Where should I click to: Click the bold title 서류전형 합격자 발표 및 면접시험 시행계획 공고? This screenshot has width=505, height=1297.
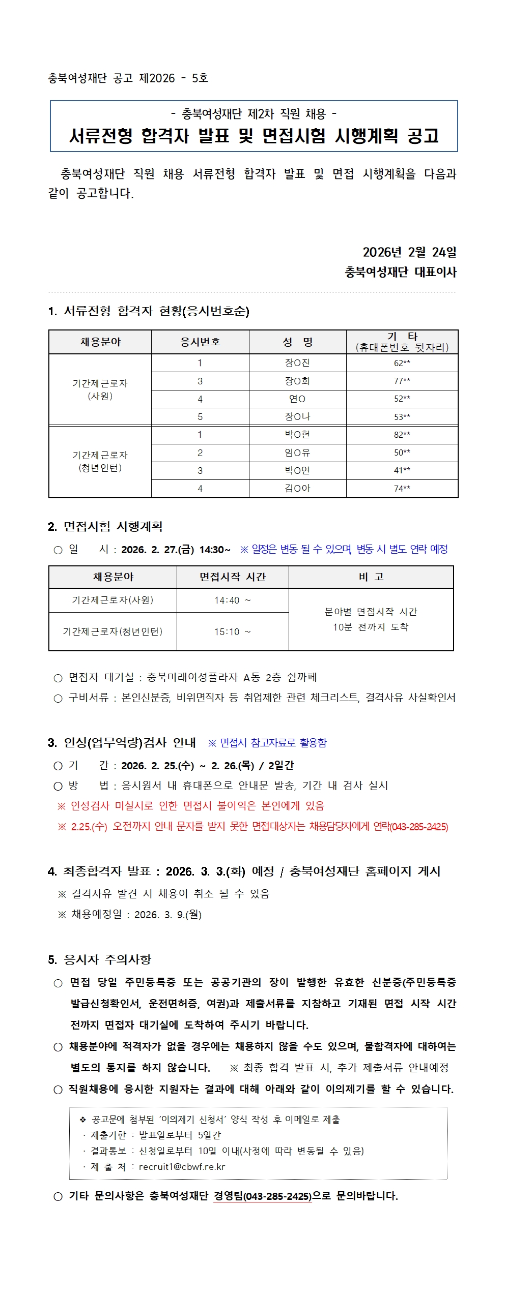pos(254,136)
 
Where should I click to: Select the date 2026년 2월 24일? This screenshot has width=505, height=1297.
pos(409,252)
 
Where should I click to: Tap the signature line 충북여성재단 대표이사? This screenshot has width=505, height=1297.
pos(401,272)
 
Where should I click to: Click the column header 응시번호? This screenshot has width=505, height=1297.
pos(200,342)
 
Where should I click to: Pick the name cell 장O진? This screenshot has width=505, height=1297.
pos(297,363)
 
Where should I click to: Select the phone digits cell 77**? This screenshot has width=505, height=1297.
pos(402,381)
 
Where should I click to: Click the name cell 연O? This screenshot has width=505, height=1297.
pos(297,399)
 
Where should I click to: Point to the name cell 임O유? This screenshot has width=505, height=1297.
pos(297,453)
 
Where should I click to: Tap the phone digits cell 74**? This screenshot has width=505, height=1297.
pos(402,489)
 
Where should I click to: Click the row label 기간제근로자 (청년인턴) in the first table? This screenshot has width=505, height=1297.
pos(100,461)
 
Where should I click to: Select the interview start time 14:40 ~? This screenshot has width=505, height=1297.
pos(233,600)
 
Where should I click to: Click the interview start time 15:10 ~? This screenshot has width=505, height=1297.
pos(233,632)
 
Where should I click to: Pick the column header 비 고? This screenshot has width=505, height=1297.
pos(371,577)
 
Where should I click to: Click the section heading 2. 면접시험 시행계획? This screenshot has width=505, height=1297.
pos(105,527)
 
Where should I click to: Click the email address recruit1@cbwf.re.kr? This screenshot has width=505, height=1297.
pos(182,1167)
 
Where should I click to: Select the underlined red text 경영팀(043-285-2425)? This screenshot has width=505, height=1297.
pos(262,1196)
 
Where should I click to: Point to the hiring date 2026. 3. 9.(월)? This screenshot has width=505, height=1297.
pos(168,915)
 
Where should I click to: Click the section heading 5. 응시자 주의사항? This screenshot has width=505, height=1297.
pos(100,959)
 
